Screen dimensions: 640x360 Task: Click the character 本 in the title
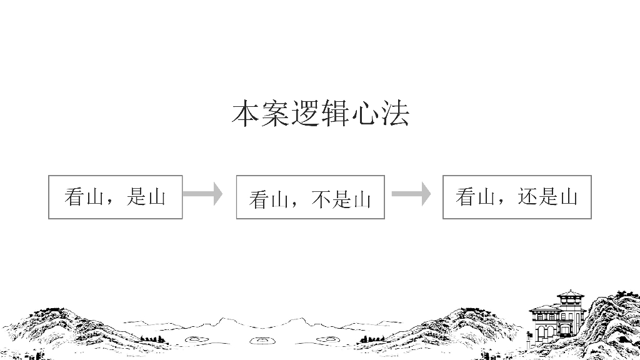(246, 113)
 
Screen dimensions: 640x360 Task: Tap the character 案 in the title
(276, 113)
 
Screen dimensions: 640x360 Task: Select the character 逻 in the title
(305, 113)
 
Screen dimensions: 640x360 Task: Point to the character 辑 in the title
(335, 113)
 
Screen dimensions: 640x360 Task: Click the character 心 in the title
(364, 113)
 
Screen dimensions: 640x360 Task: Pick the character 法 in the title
(395, 113)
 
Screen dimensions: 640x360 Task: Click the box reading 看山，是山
(116, 197)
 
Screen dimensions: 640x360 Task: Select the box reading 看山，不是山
(310, 197)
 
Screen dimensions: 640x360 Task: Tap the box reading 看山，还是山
(517, 197)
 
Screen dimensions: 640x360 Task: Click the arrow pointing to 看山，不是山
(203, 194)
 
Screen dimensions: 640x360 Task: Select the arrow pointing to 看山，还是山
(411, 194)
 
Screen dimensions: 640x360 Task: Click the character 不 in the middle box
(321, 199)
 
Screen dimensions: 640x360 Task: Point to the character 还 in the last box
(527, 196)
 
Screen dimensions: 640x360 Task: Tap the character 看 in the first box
(74, 196)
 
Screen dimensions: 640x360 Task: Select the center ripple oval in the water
(259, 340)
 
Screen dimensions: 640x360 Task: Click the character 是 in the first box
(137, 196)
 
